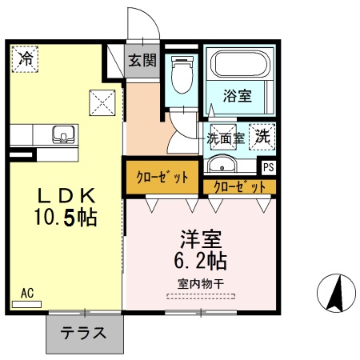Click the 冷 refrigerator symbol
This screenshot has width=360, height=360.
(26, 59)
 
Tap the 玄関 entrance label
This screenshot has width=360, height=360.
(143, 61)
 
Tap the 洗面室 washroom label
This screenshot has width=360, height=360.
(226, 138)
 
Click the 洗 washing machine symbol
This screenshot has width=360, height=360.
(262, 136)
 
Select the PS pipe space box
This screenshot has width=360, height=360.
(268, 168)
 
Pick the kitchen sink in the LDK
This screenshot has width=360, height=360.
(61, 134)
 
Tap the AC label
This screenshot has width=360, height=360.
(27, 293)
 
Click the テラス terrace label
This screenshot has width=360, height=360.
(84, 333)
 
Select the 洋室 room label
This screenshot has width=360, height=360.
(200, 239)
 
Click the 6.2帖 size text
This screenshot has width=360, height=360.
(200, 261)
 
